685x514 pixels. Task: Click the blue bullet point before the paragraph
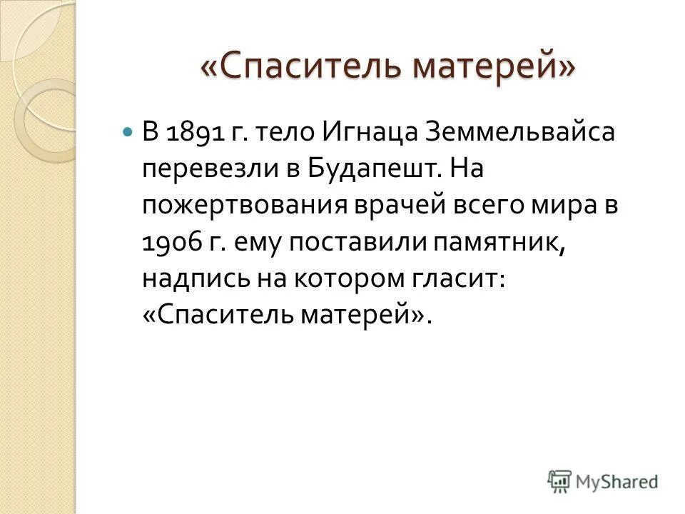[x=128, y=133]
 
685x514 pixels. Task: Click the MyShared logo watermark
[x=603, y=481]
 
